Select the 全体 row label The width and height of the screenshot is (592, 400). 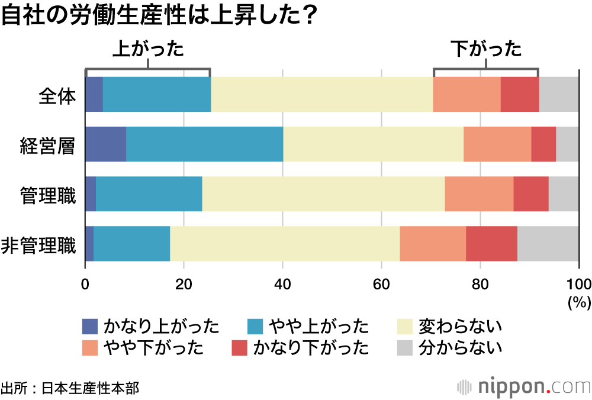57,95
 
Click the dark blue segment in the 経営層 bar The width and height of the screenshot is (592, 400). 105,144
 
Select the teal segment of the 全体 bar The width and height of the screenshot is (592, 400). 157,95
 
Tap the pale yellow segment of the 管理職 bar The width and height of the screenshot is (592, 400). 323,194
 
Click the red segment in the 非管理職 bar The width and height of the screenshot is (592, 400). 491,244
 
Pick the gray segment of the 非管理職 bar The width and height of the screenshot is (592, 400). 548,244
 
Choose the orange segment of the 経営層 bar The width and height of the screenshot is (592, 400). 497,144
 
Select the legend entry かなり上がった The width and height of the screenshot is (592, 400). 150,326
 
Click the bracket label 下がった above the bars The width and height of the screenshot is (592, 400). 486,49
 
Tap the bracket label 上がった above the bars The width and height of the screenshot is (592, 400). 148,49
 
